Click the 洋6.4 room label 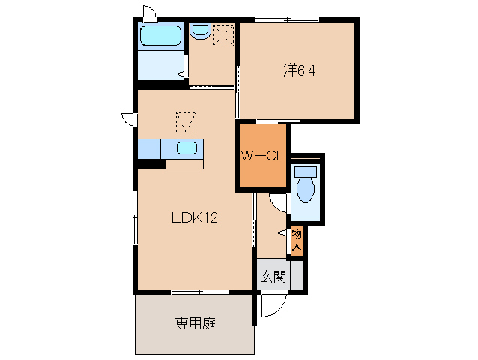(x=300, y=71)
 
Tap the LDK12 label (x=194, y=218)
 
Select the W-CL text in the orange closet (x=261, y=157)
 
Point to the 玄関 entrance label (x=273, y=277)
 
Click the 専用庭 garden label (x=195, y=324)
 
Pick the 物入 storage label (x=296, y=239)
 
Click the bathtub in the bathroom (x=160, y=37)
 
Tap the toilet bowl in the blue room (x=306, y=189)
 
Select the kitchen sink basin (x=187, y=148)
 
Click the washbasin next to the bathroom (x=200, y=31)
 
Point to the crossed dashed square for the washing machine (x=223, y=34)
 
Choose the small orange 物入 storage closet (x=296, y=240)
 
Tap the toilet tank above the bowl (x=305, y=171)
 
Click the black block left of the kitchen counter (x=151, y=163)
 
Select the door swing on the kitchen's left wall (x=129, y=118)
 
